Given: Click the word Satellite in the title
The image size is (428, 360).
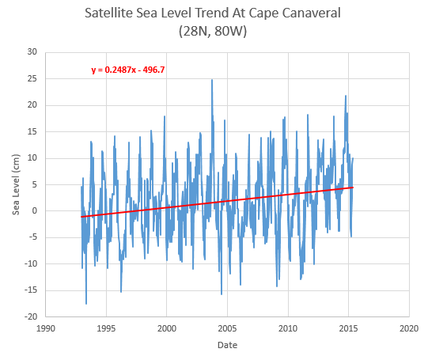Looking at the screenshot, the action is tap(108, 13).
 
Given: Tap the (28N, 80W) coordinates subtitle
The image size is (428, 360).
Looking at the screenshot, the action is tap(213, 31).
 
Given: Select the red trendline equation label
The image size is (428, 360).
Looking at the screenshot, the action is tap(128, 70).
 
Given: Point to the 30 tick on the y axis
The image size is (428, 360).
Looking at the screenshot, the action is tap(32, 52).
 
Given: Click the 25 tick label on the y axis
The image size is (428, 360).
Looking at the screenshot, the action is tap(32, 78).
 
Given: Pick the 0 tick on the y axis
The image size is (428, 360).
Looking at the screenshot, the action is tap(34, 210).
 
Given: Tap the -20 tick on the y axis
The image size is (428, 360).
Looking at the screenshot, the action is tap(31, 316).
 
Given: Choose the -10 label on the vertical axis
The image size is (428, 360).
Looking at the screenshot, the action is tap(31, 263).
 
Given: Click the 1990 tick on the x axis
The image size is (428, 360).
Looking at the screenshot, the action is tap(46, 328).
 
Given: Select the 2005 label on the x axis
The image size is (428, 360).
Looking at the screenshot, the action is tap(227, 328).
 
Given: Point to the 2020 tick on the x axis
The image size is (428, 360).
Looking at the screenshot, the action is tap(409, 328).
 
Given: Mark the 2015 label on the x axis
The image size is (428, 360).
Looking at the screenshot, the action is tap(348, 328).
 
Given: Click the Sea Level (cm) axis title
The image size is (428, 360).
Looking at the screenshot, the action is tap(16, 184).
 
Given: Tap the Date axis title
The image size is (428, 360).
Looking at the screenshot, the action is tap(227, 345).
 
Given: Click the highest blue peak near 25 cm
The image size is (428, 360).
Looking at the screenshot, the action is tap(212, 80).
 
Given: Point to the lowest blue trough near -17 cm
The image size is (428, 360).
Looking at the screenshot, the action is tap(86, 304).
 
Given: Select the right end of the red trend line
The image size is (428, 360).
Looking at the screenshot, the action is tap(353, 188).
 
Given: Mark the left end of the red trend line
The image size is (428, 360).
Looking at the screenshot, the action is tap(81, 217).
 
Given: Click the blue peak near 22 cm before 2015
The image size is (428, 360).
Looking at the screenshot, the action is tap(346, 96).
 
